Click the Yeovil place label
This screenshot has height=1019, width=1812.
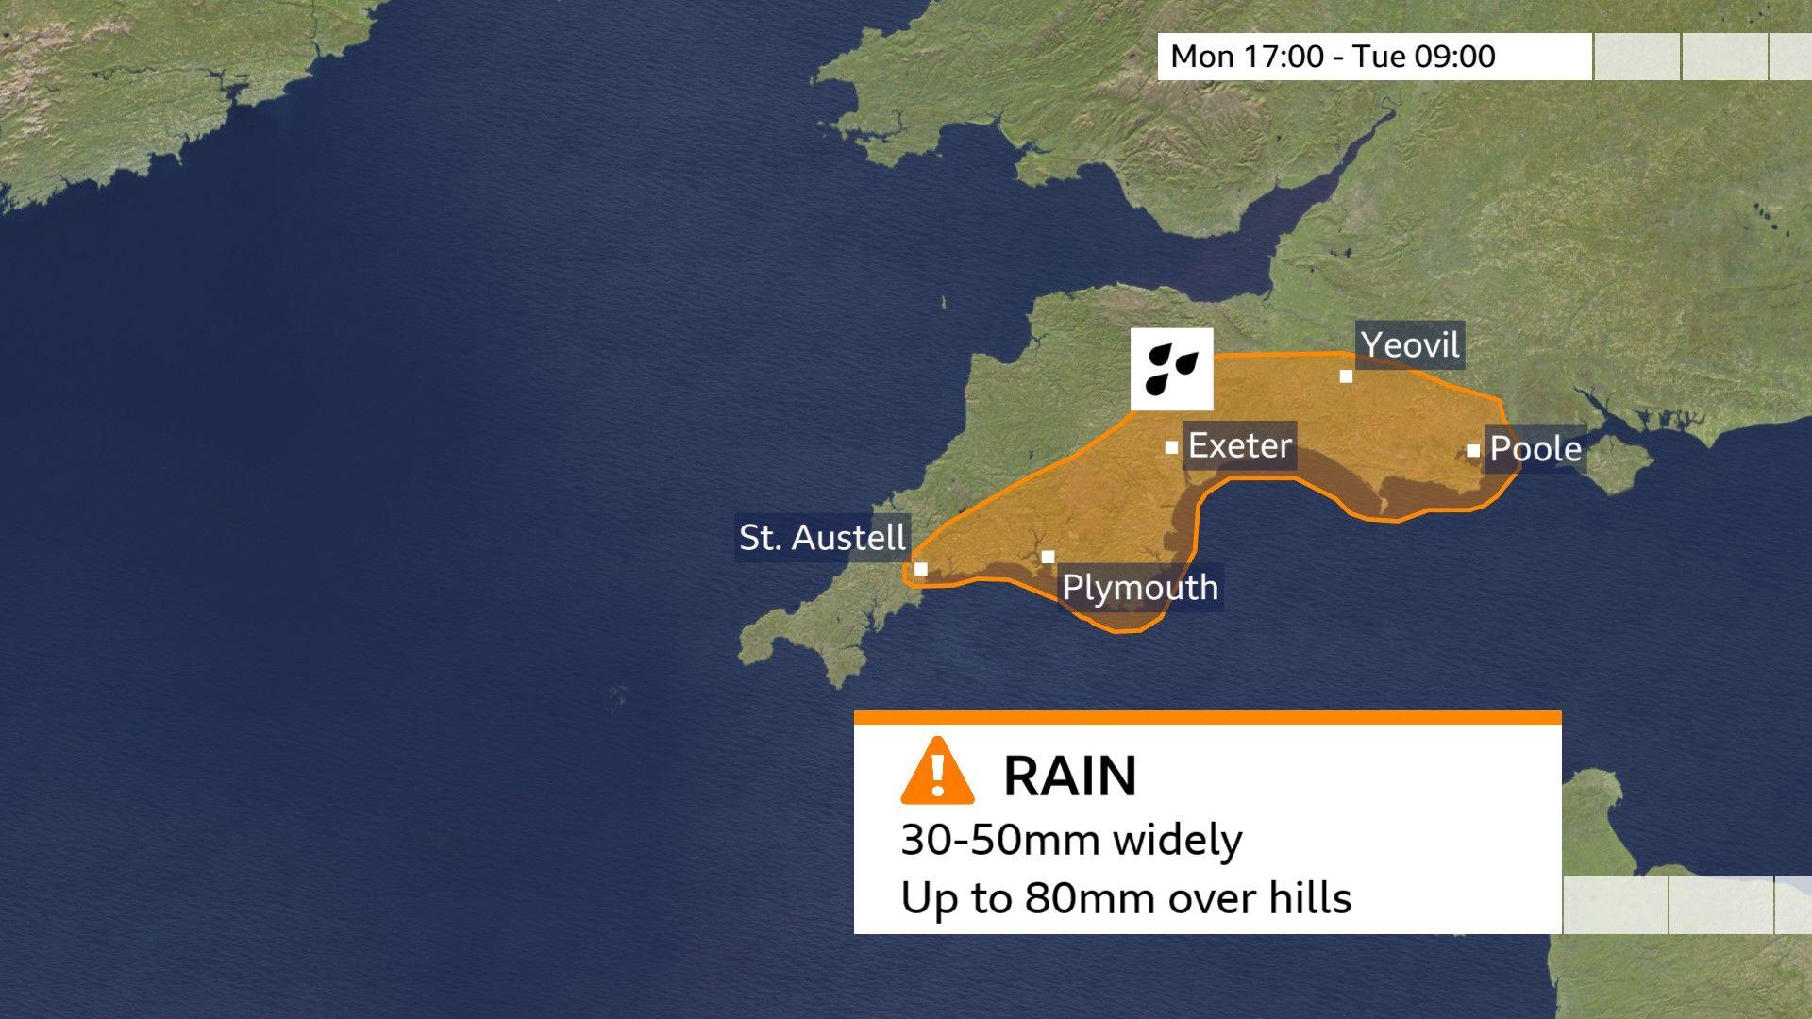[1410, 345]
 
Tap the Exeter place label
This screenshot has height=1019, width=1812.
[1239, 445]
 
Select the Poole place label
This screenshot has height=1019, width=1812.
[1535, 449]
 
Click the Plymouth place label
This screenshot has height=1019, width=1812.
[1140, 588]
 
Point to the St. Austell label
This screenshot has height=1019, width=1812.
[822, 538]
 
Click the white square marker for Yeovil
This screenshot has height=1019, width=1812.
[1346, 376]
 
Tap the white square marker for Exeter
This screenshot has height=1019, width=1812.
[1171, 447]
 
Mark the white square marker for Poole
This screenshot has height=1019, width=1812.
[1473, 451]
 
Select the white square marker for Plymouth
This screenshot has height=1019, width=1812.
[1048, 557]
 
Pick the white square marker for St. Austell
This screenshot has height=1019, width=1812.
[921, 569]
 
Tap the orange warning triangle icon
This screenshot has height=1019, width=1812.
[937, 772]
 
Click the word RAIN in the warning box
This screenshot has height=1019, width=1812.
[1069, 776]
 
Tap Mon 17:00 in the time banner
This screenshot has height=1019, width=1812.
[1247, 57]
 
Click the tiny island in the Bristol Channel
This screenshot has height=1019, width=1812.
[944, 303]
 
